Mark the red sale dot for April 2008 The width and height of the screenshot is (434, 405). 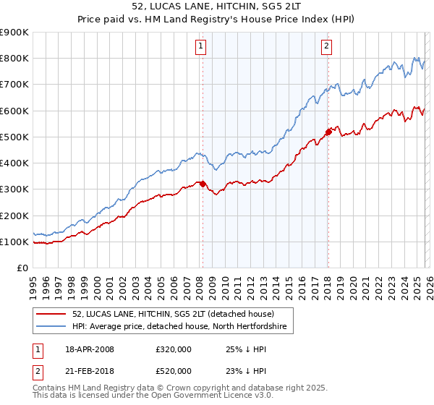coord(203,184)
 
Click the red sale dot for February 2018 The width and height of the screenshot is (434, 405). coord(328,132)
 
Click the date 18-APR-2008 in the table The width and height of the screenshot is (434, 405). coord(90,349)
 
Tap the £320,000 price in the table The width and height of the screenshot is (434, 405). coord(174,349)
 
